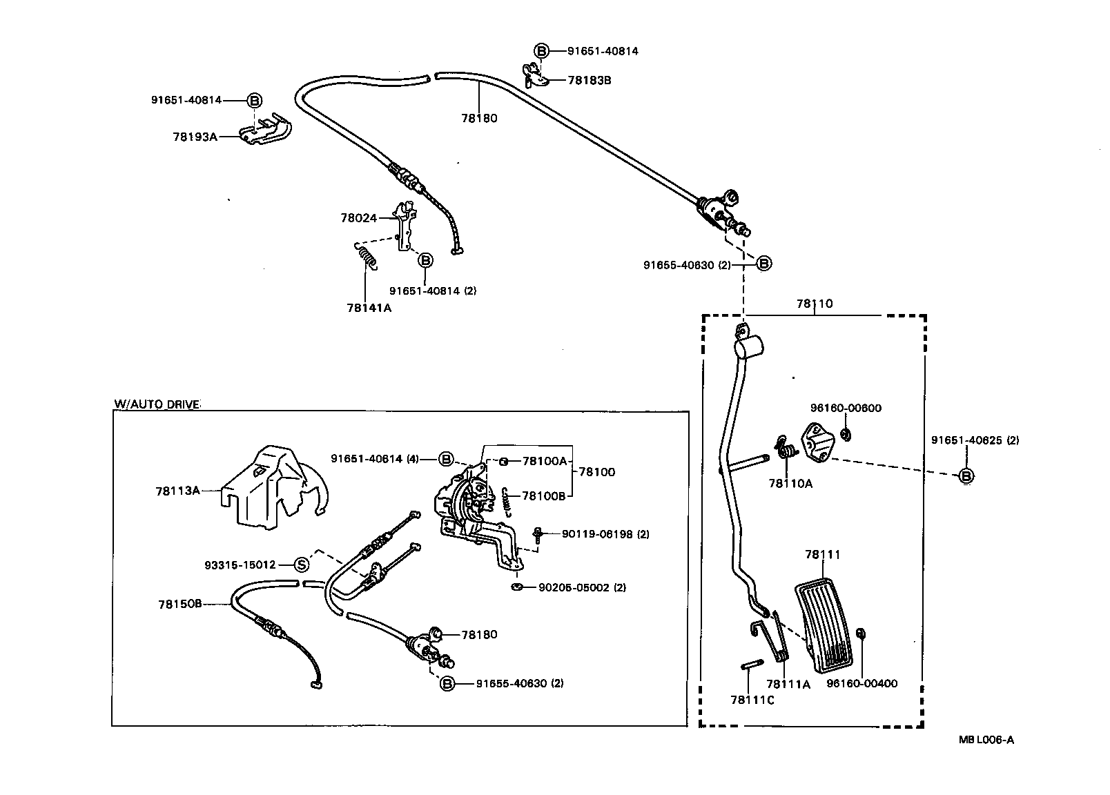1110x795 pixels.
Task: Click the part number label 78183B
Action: (589, 80)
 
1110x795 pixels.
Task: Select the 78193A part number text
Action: (195, 137)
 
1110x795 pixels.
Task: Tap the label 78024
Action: (358, 218)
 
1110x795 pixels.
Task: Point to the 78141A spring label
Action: (369, 308)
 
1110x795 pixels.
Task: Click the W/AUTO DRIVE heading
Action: (157, 404)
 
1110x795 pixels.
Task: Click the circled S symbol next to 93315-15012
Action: (302, 565)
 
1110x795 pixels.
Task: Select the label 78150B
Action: (179, 604)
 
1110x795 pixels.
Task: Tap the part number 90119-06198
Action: (596, 533)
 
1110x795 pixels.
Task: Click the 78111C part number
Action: (752, 700)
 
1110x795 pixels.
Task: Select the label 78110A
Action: (790, 484)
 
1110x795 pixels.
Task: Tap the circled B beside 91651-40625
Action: (966, 475)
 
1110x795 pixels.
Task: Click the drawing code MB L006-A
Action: (986, 740)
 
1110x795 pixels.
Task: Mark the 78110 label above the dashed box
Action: (814, 303)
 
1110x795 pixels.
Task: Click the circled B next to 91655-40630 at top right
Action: (763, 264)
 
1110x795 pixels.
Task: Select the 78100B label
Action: (543, 495)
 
